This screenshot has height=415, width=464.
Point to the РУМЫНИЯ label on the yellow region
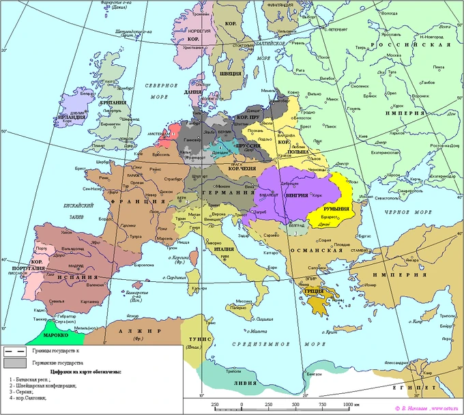pos(336,209)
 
